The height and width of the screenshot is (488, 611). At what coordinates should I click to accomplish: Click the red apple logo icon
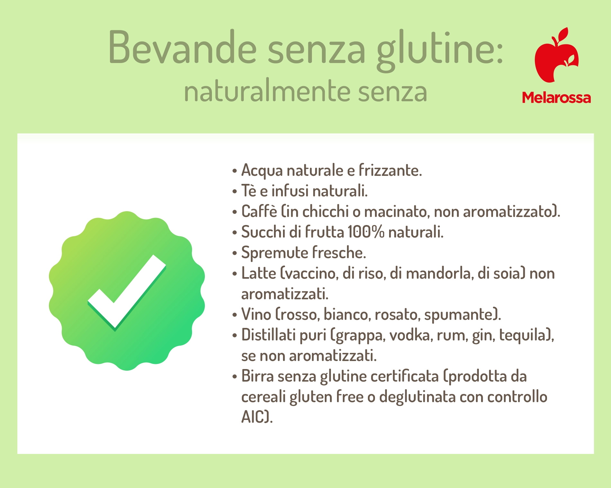click(556, 55)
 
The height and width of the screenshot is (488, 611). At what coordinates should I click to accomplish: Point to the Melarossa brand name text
click(556, 97)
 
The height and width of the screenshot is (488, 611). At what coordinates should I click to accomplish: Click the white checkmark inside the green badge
click(127, 293)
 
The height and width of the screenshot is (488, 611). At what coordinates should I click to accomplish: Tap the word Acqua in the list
click(262, 171)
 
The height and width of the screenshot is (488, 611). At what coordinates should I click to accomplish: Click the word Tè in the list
click(249, 191)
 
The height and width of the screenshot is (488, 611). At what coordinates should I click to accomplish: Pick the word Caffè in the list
click(259, 211)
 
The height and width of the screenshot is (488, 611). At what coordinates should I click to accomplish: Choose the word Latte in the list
click(259, 273)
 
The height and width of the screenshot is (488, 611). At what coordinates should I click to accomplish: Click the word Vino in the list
click(256, 314)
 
